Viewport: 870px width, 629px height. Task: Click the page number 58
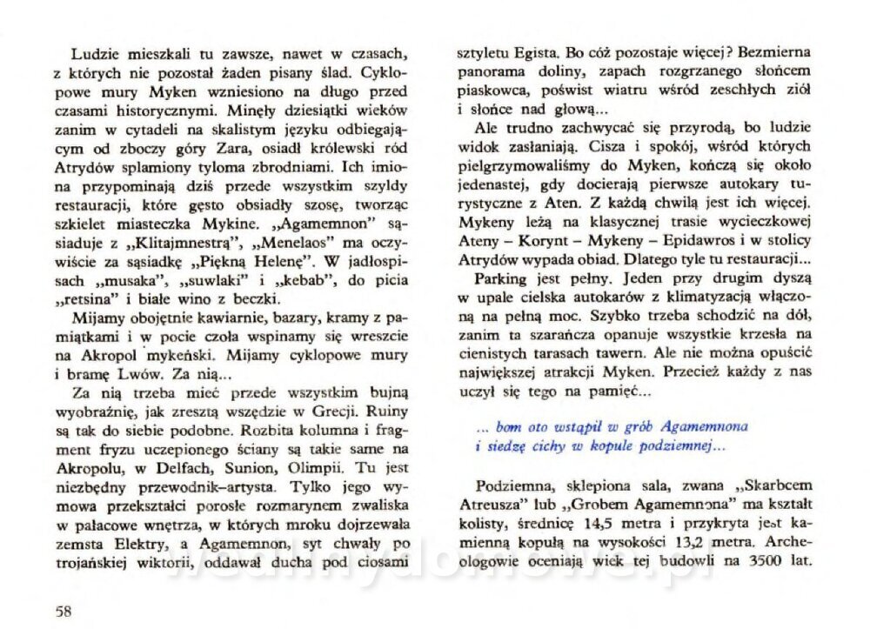61,609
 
